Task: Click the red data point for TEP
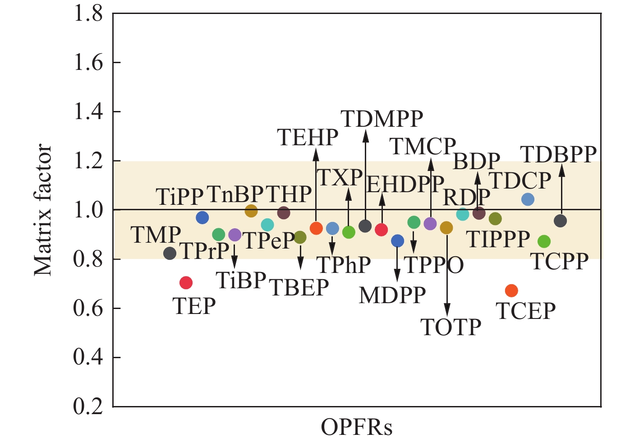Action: click(186, 283)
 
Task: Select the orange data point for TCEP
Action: click(511, 291)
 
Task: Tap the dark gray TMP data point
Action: click(170, 253)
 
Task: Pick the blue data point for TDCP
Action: click(528, 199)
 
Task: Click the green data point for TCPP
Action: click(544, 241)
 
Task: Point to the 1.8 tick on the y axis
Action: click(88, 14)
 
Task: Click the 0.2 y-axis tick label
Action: click(88, 406)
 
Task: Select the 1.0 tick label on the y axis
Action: click(88, 210)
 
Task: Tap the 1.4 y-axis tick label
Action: click(88, 112)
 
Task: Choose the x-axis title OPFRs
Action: click(356, 427)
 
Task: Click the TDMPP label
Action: click(382, 119)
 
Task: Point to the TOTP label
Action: click(451, 327)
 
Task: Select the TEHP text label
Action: click(308, 137)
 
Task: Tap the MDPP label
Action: click(392, 295)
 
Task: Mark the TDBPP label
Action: click(559, 154)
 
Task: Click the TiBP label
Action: click(241, 280)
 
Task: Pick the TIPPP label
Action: click(498, 239)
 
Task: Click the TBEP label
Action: click(299, 287)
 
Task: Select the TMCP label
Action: click(423, 146)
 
